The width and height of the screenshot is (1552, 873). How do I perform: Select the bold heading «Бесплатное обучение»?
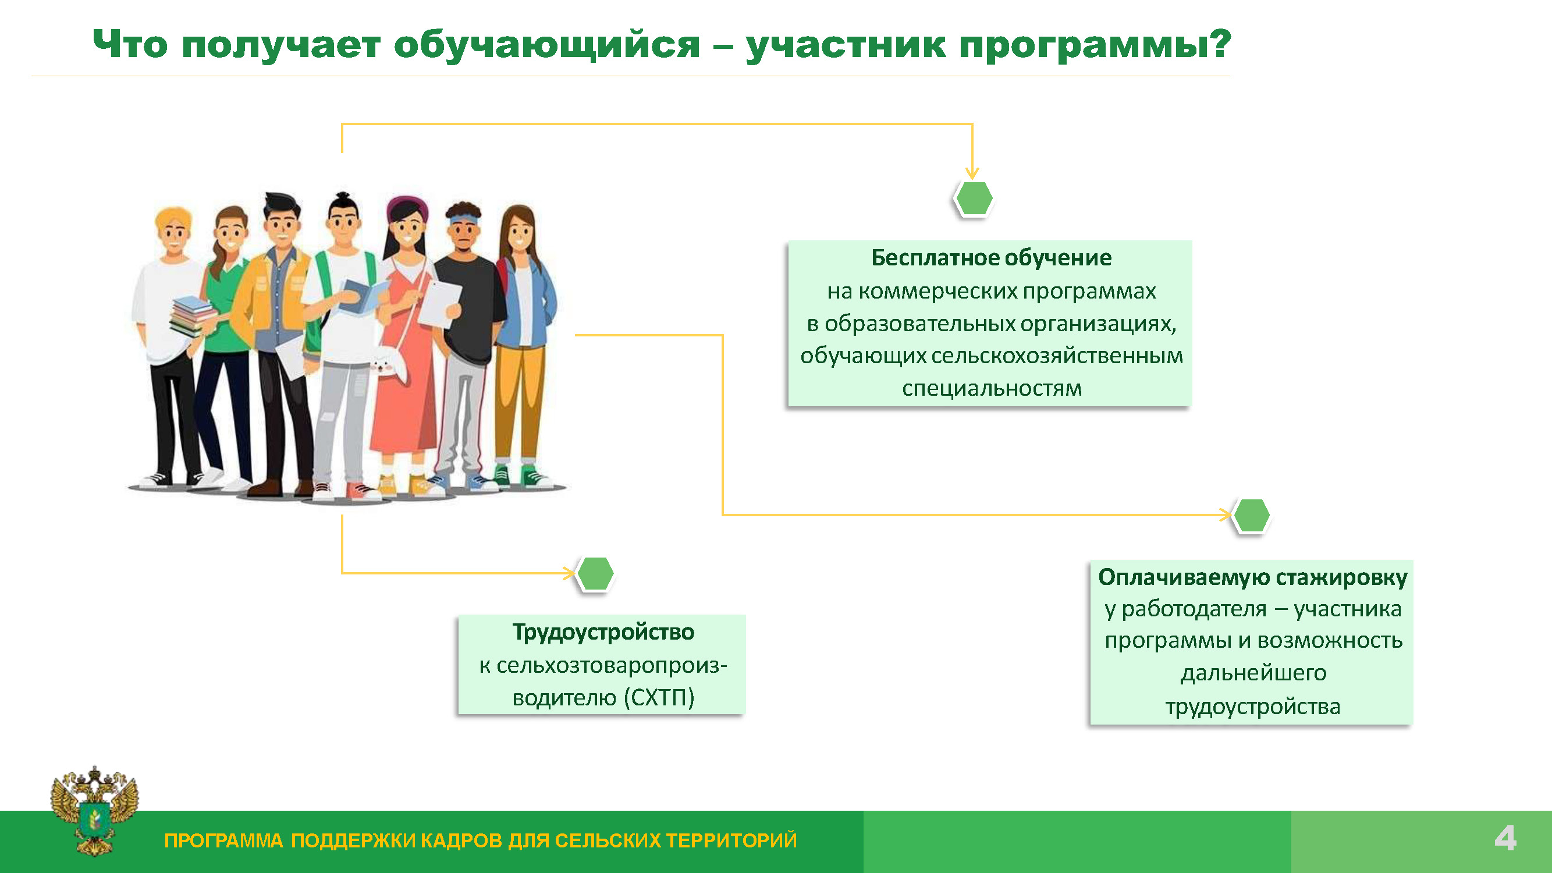(991, 258)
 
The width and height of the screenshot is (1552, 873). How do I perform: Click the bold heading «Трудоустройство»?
(603, 632)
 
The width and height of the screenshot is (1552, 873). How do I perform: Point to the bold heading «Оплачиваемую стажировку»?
(1252, 577)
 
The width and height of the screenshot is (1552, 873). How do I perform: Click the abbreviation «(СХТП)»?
(659, 698)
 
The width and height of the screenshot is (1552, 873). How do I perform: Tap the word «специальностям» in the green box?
(992, 388)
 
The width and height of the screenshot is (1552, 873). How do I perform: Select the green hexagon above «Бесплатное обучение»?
(974, 198)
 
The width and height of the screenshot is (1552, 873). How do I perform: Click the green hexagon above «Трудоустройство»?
(595, 574)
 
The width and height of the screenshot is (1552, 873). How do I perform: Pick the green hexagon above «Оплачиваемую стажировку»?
(1251, 516)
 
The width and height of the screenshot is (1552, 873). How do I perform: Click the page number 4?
(1505, 839)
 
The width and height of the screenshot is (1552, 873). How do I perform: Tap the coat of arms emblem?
(95, 811)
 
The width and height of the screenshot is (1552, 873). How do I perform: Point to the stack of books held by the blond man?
(191, 315)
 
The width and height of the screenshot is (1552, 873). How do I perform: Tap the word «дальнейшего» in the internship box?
(1253, 673)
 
